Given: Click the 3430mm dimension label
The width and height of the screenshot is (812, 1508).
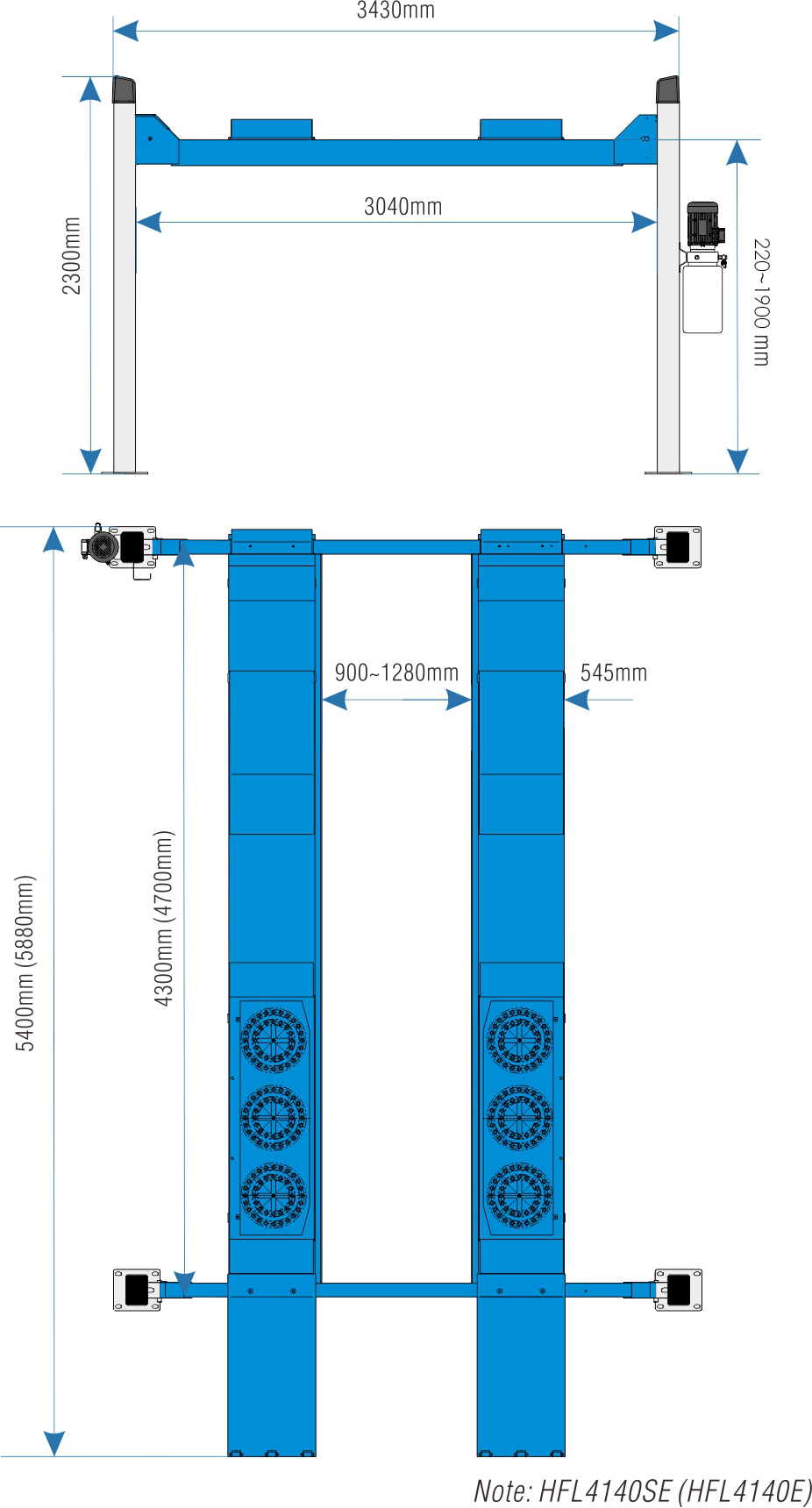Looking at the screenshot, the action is pyautogui.click(x=395, y=11).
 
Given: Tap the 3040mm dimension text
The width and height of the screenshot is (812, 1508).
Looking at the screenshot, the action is pyautogui.click(x=403, y=207).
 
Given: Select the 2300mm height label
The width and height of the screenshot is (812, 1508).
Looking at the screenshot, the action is pyautogui.click(x=71, y=256).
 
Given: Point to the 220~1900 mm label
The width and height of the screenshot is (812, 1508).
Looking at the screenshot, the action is pyautogui.click(x=761, y=302).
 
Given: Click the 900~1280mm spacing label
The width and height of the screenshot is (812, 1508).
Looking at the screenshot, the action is pyautogui.click(x=396, y=673).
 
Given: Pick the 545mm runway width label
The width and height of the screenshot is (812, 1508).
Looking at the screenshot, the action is pyautogui.click(x=614, y=673).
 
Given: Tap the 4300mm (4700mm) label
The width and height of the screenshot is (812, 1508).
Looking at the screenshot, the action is pyautogui.click(x=164, y=918).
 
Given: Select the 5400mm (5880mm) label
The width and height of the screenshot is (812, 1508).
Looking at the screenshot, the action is pyautogui.click(x=25, y=963).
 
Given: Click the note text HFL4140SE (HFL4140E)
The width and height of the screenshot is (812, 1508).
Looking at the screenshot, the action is pyautogui.click(x=675, y=1490).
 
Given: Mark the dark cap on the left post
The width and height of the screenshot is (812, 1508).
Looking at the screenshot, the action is pyautogui.click(x=124, y=89).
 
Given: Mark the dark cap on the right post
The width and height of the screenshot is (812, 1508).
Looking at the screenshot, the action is pyautogui.click(x=667, y=89).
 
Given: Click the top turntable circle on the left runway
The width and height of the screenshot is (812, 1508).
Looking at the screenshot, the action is pyautogui.click(x=274, y=1041).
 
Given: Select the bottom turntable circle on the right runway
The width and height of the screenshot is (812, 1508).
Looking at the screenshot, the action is pyautogui.click(x=520, y=1196).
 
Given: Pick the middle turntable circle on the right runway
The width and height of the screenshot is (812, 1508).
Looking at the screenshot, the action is pyautogui.click(x=520, y=1119).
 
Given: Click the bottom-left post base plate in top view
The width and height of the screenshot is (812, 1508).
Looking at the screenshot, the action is pyautogui.click(x=137, y=1290).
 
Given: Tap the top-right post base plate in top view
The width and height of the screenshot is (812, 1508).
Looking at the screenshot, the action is pyautogui.click(x=678, y=547).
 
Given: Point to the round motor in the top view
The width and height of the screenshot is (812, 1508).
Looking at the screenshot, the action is pyautogui.click(x=103, y=546).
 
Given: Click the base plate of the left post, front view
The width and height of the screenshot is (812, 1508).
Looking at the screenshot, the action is pyautogui.click(x=125, y=473).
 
